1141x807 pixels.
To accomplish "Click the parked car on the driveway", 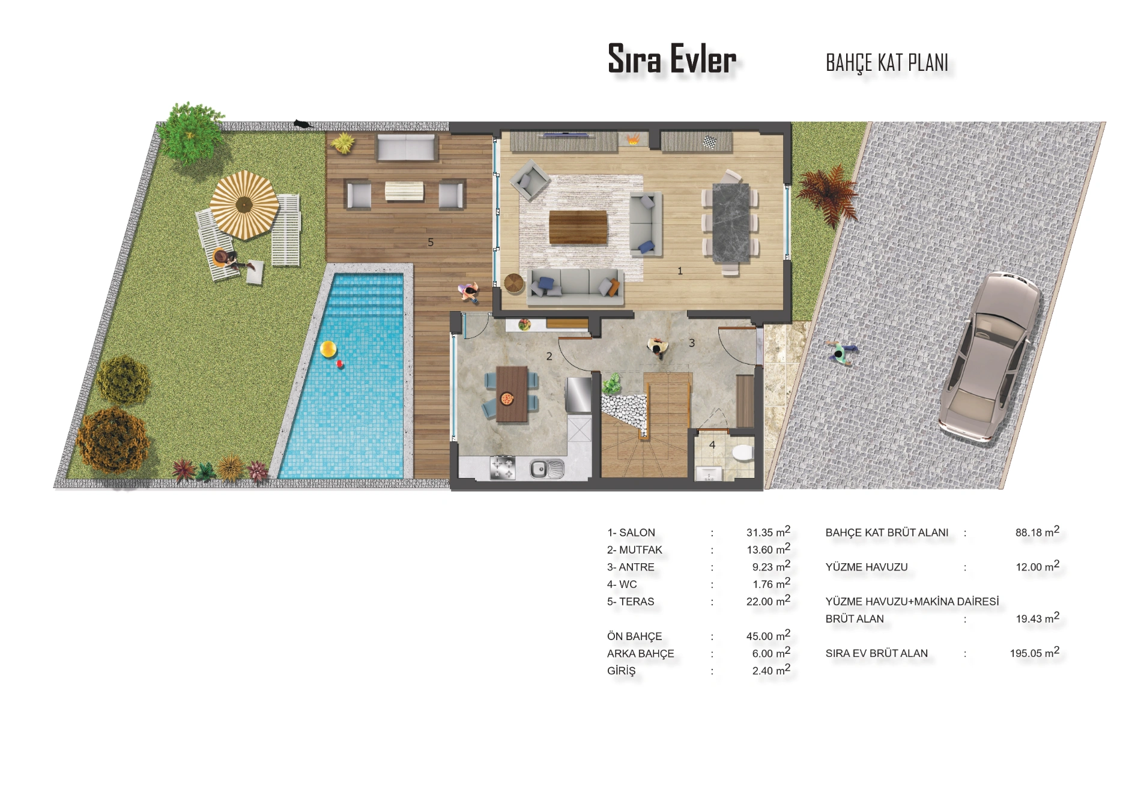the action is [989, 358].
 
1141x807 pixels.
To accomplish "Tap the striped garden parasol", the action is [244, 204].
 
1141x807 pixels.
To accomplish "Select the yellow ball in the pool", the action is [328, 349].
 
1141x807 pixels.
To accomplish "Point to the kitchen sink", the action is [546, 468].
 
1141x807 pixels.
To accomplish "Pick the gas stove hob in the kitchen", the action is [503, 468].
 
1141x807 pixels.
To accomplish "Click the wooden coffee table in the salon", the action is [578, 228].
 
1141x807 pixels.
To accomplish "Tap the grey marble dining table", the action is [731, 223].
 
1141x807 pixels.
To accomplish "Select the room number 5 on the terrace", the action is [431, 243].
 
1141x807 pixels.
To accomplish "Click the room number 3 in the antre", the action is [692, 343].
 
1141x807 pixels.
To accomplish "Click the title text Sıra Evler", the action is [672, 59].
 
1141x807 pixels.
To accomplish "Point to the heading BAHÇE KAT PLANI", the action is [887, 62].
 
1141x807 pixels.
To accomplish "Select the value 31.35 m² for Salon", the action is [768, 532].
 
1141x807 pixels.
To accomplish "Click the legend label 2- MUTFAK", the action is [634, 550].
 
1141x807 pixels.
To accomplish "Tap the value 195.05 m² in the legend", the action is [1034, 653].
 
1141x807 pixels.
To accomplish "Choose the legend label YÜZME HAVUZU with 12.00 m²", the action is [867, 567].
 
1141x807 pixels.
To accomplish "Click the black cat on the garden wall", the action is [302, 124].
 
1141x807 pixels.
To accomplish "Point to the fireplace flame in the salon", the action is [632, 141].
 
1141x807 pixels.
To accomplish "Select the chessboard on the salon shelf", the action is [710, 142].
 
